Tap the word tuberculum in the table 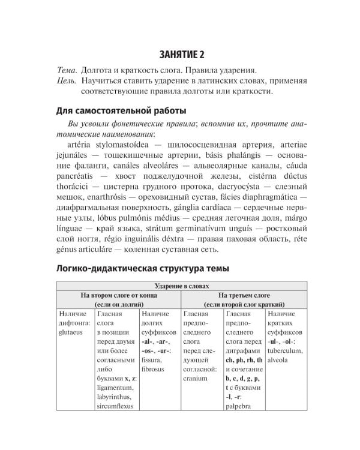click(x=287, y=351)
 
